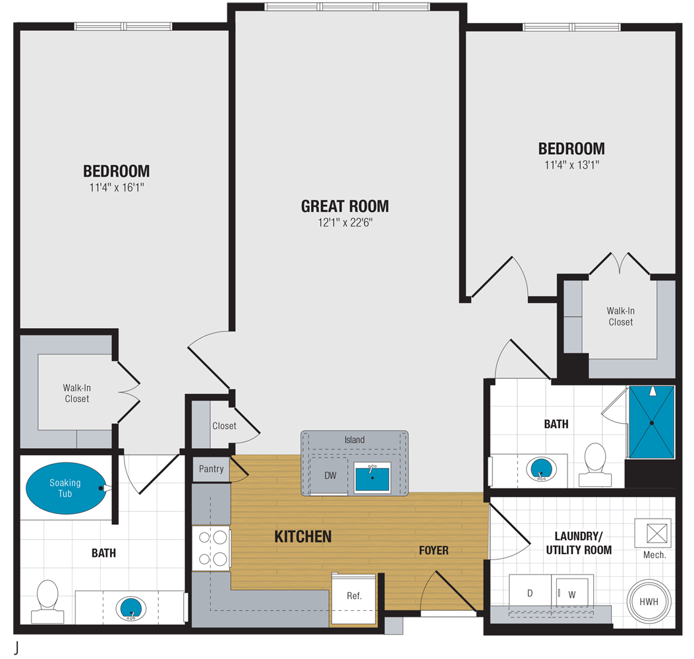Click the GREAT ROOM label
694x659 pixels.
[x=345, y=206]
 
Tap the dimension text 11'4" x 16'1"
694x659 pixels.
[x=116, y=188]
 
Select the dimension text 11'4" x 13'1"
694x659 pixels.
[x=571, y=165]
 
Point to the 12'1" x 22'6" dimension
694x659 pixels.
[x=345, y=223]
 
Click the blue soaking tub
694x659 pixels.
[x=65, y=488]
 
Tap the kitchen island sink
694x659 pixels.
[x=373, y=477]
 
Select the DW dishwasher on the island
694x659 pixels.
[x=330, y=475]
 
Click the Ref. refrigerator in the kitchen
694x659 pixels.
[x=354, y=596]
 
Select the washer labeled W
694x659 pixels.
[x=572, y=594]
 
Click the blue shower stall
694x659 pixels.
[x=651, y=422]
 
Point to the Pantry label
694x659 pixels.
[x=212, y=469]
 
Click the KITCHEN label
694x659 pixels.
[x=303, y=537]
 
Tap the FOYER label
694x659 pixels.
[x=434, y=550]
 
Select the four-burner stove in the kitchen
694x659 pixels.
[x=211, y=548]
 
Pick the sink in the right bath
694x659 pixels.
[x=542, y=469]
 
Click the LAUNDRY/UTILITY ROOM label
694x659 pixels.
[x=579, y=543]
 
